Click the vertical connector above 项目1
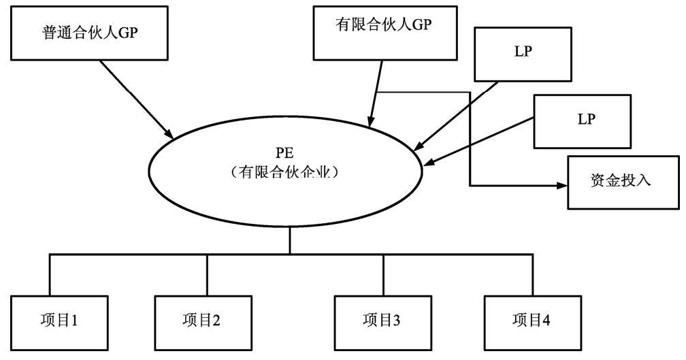point(50,275)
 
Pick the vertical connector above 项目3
point(383,275)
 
